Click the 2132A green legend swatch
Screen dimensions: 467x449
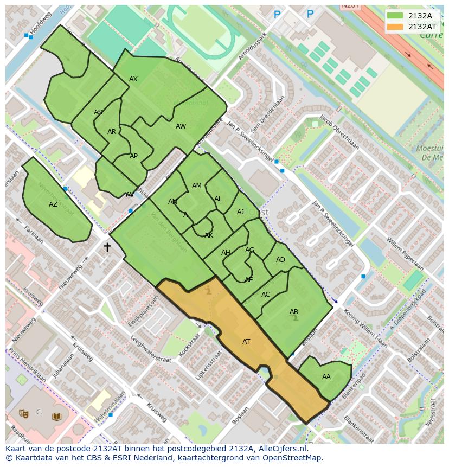pyautogui.click(x=396, y=16)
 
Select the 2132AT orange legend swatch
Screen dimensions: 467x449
pyautogui.click(x=396, y=27)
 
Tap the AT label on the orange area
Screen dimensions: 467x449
pyautogui.click(x=246, y=342)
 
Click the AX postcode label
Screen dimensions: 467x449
pyautogui.click(x=133, y=79)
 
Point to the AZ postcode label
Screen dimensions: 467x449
pyautogui.click(x=53, y=204)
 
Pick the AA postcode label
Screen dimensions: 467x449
pyautogui.click(x=326, y=377)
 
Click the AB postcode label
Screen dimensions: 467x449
pyautogui.click(x=294, y=312)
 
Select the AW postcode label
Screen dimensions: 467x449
pyautogui.click(x=181, y=126)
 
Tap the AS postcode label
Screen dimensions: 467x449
pyautogui.click(x=98, y=113)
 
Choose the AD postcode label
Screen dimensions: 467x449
pyautogui.click(x=280, y=260)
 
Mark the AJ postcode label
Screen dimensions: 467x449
pyautogui.click(x=241, y=212)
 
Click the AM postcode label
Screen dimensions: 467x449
pyautogui.click(x=197, y=186)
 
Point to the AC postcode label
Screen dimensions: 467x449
pyautogui.click(x=266, y=295)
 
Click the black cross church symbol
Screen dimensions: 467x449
pyautogui.click(x=107, y=247)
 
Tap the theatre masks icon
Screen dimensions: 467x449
pyautogui.click(x=23, y=413)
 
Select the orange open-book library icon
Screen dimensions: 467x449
pyautogui.click(x=56, y=417)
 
